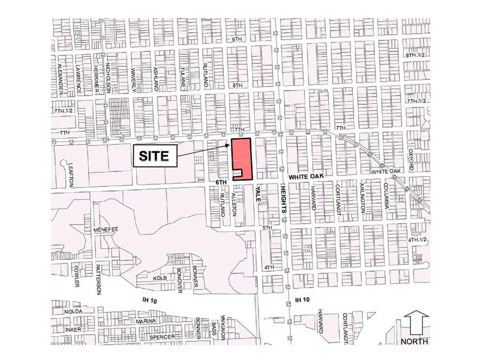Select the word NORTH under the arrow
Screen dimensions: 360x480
tap(415, 341)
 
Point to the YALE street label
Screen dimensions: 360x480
tap(257, 194)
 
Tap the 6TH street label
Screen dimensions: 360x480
tap(222, 182)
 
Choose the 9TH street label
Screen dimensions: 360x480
tap(238, 39)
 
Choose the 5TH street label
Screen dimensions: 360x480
tap(267, 228)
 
